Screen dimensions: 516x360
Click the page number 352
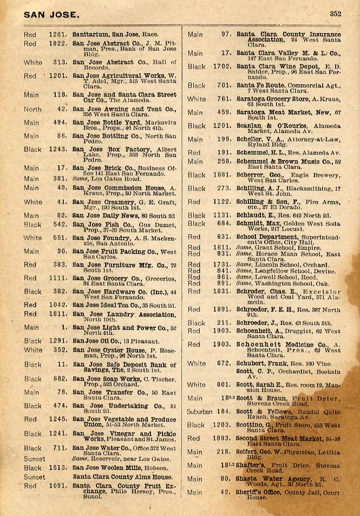(335, 15)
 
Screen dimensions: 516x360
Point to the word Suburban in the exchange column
(200, 412)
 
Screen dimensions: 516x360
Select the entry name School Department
(269, 236)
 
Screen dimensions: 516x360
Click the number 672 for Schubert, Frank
(224, 363)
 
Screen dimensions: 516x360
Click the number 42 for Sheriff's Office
(226, 492)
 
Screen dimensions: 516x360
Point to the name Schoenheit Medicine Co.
(279, 345)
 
